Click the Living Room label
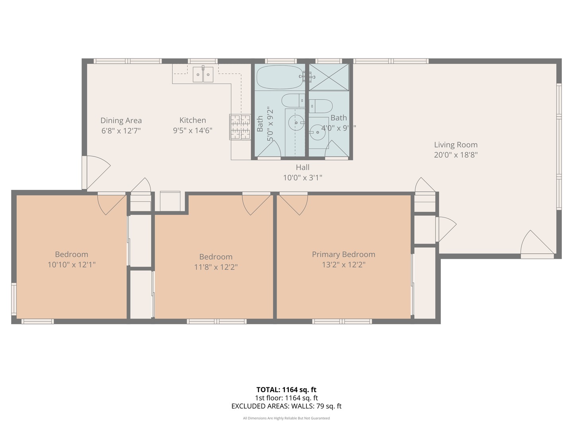tap(456, 145)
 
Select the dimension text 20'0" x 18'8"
tap(456, 155)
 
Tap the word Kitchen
tap(193, 120)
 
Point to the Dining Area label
tap(121, 121)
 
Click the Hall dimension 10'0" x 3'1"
tap(302, 178)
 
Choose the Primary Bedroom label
tap(343, 254)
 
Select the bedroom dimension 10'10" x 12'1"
tap(72, 265)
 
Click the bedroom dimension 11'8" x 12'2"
tap(216, 267)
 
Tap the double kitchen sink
tap(203, 74)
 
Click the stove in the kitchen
tap(240, 127)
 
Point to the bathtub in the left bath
tap(281, 77)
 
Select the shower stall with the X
tap(329, 77)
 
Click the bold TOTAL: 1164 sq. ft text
tap(286, 390)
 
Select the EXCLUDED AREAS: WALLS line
tap(286, 406)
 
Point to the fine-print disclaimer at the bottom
tap(286, 418)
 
